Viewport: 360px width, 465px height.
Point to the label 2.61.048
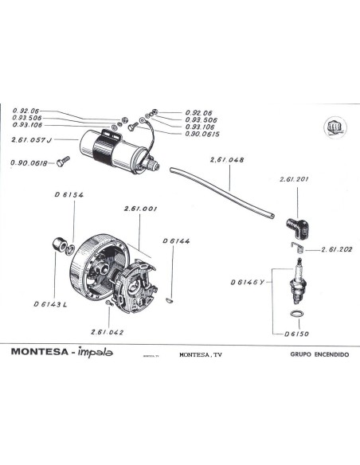(x=227, y=160)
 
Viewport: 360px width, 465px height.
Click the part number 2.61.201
(x=294, y=180)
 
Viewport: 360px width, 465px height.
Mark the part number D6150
(x=295, y=334)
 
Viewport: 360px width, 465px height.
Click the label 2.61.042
(x=107, y=331)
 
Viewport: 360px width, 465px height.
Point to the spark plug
(x=299, y=279)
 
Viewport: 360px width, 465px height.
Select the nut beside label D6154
(x=57, y=244)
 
